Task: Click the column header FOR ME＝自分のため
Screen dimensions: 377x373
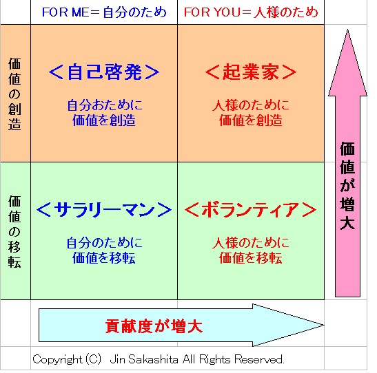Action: (x=104, y=12)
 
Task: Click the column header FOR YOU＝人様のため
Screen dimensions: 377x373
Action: (x=251, y=12)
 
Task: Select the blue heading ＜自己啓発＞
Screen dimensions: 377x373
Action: (x=104, y=72)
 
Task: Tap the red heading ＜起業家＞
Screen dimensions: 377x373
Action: (x=251, y=72)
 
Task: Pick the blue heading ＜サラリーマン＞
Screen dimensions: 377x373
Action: (x=104, y=209)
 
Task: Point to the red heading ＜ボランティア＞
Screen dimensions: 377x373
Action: (x=251, y=209)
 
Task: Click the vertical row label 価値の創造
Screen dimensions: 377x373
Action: (x=14, y=94)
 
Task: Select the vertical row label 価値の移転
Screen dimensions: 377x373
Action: (x=14, y=231)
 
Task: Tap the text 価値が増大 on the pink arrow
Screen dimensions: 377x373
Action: (x=347, y=186)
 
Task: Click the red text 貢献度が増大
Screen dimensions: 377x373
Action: (x=154, y=326)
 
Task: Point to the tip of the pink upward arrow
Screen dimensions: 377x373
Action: (x=347, y=30)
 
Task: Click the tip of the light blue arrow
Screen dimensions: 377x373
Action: (x=324, y=326)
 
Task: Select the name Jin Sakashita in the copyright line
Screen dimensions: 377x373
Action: (x=144, y=359)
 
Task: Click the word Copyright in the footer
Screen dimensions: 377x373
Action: (x=57, y=360)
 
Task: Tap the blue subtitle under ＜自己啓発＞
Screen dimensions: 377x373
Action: (x=104, y=113)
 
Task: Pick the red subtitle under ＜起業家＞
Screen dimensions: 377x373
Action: (x=251, y=113)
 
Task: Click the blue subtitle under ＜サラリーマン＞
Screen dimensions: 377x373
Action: (x=104, y=251)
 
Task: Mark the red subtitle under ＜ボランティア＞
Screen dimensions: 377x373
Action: (x=251, y=251)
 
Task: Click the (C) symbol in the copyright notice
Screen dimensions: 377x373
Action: (x=93, y=359)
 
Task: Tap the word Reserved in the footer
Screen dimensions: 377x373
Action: (x=259, y=359)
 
